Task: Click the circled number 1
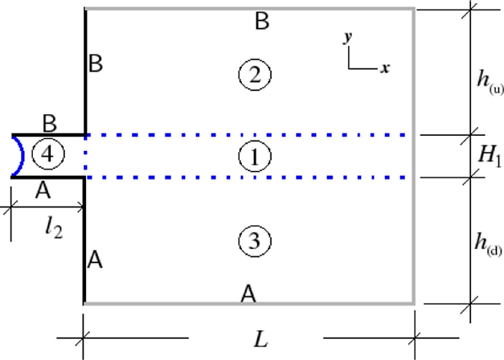pos(255,157)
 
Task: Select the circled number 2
pos(255,75)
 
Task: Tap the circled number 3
pos(255,240)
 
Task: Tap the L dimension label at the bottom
pos(260,339)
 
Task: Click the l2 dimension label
pos(52,229)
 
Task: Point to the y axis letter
pos(348,38)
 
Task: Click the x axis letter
pos(385,68)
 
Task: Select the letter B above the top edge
pos(261,22)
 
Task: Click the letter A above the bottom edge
pos(249,294)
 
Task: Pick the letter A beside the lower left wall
pos(95,260)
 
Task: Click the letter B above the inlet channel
pos(49,123)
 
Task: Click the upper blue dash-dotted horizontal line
pos(249,135)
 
